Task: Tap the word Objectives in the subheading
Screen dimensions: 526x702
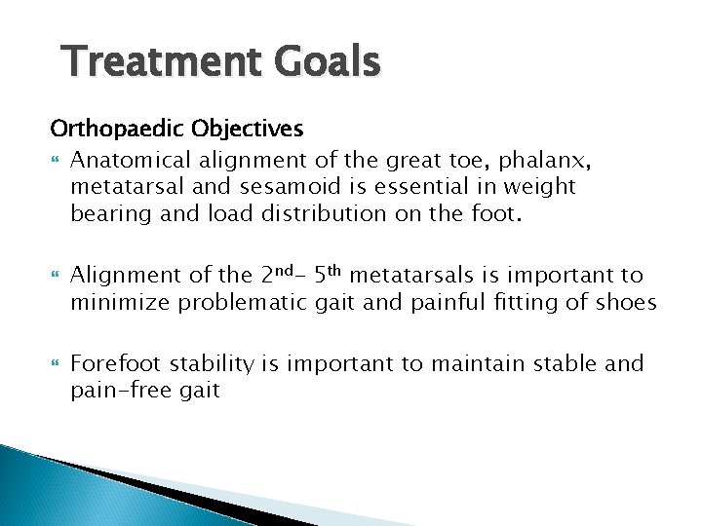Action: click(220, 130)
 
